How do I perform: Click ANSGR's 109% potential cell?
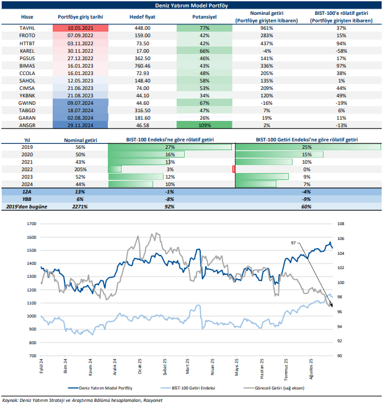click(204, 125)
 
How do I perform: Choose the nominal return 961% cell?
click(266, 29)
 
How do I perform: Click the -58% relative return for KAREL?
click(341, 50)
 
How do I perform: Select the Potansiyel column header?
click(204, 17)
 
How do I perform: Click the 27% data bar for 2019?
click(169, 147)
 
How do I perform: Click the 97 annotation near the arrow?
click(293, 244)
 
